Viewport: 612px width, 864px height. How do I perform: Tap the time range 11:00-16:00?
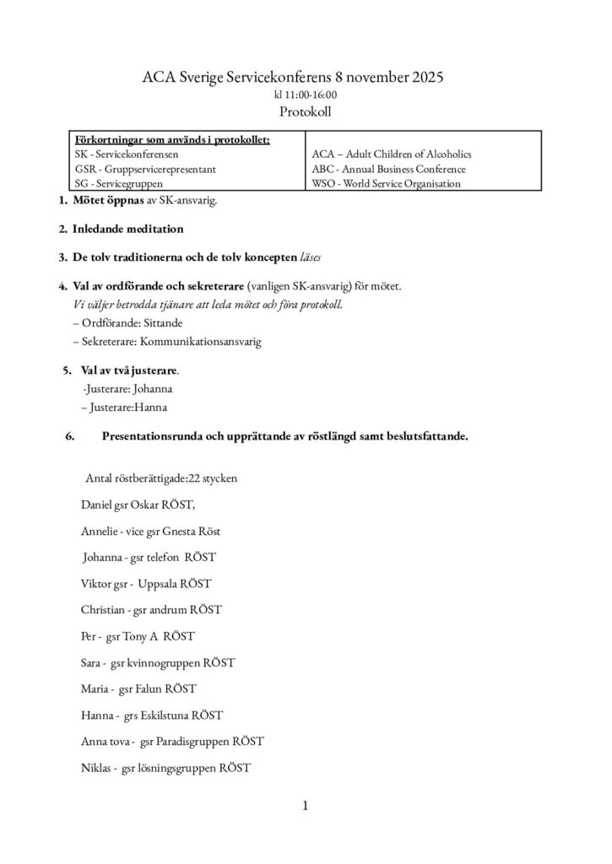pos(306,94)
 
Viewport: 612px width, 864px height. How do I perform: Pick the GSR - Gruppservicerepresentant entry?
pos(145,169)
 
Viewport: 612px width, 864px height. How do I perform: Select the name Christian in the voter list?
pos(101,610)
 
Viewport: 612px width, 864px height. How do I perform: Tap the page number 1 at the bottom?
pos(305,806)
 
